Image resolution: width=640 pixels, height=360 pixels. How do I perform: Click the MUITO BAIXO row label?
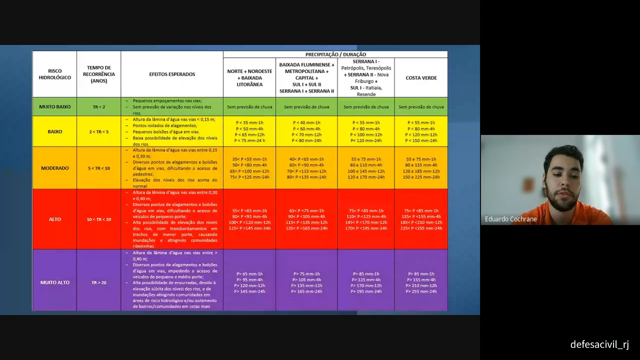55,107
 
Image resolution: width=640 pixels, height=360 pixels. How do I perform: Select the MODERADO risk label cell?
55,168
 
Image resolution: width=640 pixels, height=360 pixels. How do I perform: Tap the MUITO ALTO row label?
55,282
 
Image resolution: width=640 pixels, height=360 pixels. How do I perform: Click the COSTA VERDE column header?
421,78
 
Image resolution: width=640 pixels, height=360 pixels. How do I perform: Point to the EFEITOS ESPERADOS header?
172,74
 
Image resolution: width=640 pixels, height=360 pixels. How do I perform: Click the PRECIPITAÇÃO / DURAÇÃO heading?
335,54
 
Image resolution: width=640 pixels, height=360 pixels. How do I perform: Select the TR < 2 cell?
99,107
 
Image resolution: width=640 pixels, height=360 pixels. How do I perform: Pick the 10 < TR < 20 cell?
99,219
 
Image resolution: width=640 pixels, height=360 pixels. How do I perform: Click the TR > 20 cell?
99,282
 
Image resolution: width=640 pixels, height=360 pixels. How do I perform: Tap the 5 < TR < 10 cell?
99,168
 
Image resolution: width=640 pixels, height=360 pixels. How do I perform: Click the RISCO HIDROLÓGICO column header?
55,74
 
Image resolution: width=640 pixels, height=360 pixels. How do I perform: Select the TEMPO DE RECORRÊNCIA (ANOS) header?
99,74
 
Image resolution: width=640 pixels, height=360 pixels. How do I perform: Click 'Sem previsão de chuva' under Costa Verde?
421,107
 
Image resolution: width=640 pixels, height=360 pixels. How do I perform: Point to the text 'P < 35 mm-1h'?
249,122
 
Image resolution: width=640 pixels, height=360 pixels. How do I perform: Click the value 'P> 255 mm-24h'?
421,292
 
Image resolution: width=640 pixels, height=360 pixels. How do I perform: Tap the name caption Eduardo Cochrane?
511,219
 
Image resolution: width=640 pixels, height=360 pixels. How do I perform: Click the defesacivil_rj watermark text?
599,344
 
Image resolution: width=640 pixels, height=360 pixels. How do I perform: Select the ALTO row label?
55,219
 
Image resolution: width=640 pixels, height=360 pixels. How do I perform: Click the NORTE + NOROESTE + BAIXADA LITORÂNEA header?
249,78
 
